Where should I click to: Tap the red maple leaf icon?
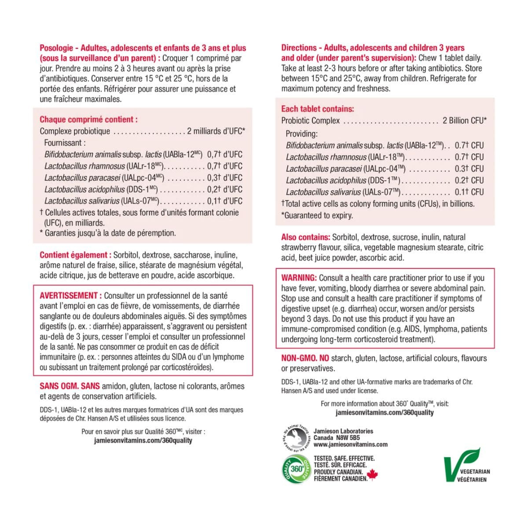pos(372,475)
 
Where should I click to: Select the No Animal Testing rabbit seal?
pos(296,438)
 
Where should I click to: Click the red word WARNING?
pos(299,278)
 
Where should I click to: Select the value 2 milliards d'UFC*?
pos(216,131)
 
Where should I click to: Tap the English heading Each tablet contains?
pos(317,109)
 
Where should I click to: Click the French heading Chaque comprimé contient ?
pos(88,119)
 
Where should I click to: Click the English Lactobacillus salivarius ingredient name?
pos(323,192)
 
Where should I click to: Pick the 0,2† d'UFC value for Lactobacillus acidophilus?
pos(224,190)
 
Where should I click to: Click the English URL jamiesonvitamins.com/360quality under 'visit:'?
pos(384,413)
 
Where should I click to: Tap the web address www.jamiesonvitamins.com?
pos(350,444)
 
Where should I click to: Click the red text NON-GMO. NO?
pos(305,358)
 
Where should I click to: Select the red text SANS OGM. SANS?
pos(70,386)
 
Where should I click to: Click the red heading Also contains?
pos(305,237)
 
